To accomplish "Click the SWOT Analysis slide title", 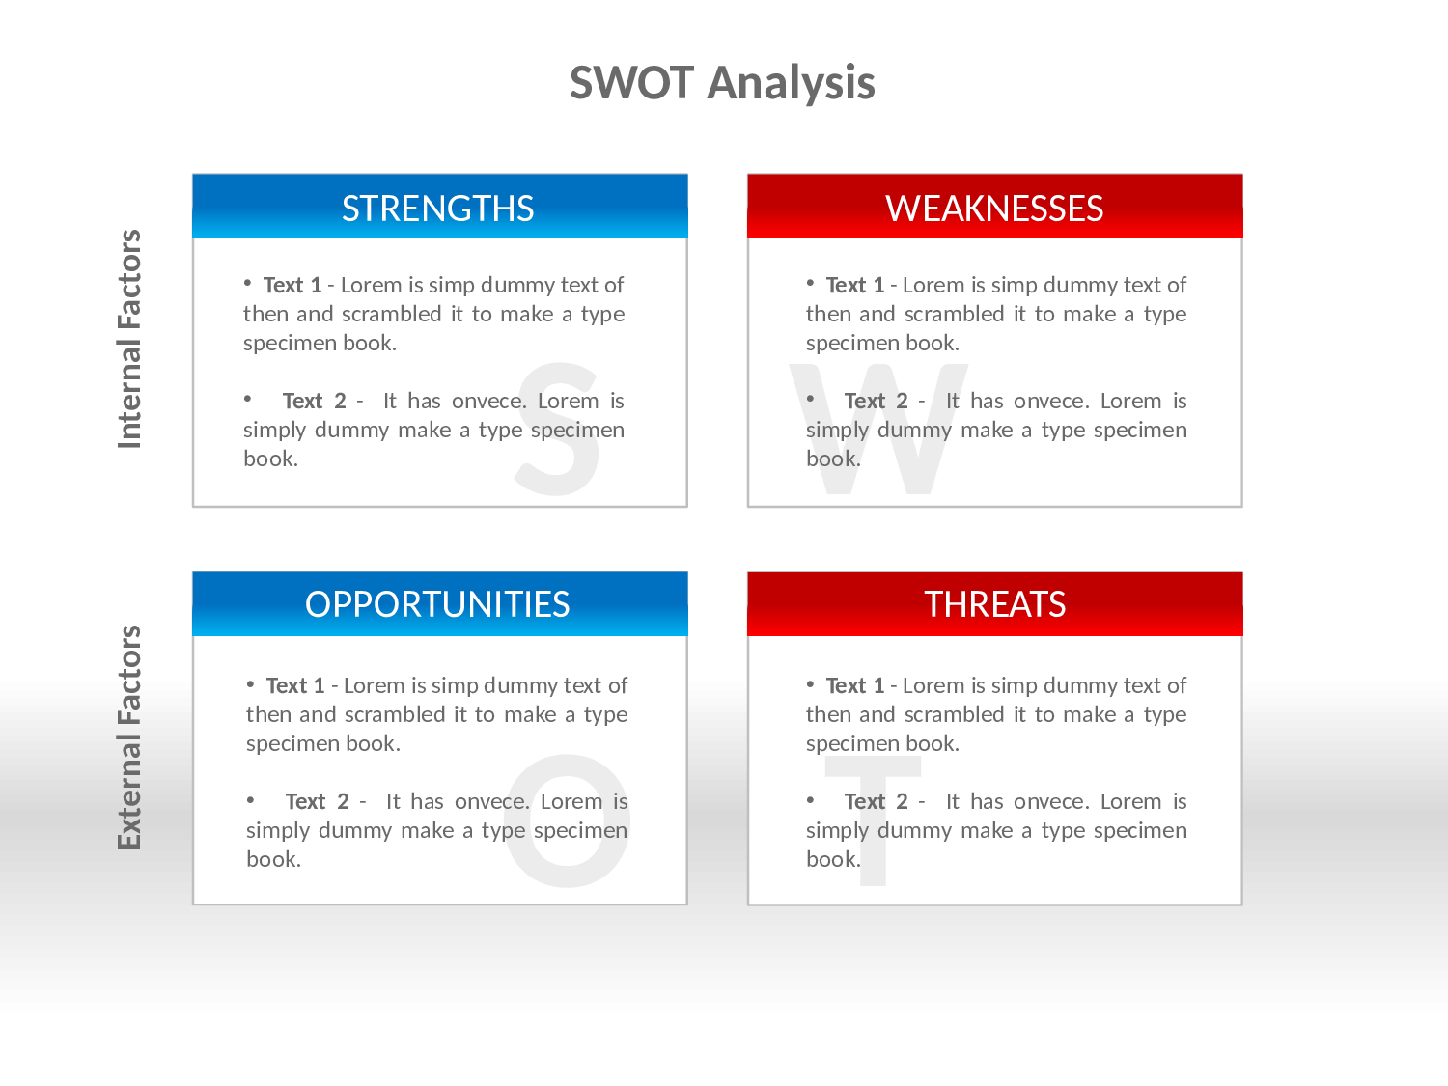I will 722,83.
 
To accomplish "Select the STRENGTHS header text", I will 438,209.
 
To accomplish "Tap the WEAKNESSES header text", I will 994,209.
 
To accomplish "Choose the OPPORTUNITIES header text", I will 438,604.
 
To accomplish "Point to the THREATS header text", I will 994,604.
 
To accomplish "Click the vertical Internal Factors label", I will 129,339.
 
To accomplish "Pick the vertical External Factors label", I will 129,738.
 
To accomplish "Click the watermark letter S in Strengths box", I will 557,430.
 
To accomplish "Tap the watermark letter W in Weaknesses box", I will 878,430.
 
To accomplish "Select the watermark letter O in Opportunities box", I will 567,822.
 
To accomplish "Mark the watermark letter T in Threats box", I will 874,821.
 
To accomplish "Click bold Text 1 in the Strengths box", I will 292,286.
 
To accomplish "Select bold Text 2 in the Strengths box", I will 314,402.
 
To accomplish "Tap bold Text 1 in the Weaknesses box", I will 855,286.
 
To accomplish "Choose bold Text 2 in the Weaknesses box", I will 876,402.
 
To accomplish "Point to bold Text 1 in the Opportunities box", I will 295,686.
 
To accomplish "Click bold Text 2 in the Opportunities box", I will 317,802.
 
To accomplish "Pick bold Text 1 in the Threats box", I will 855,686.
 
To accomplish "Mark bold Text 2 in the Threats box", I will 876,802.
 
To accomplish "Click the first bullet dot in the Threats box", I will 811,684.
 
